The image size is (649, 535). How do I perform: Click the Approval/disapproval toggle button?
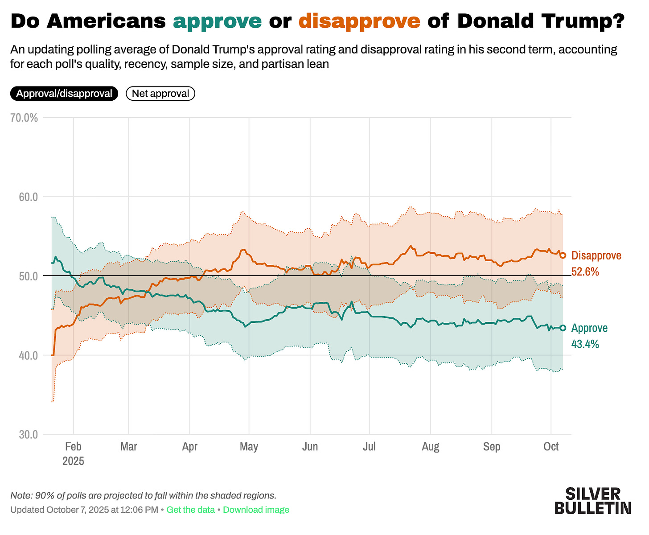click(64, 94)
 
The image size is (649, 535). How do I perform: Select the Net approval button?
click(160, 94)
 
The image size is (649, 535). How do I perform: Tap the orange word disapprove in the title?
click(359, 21)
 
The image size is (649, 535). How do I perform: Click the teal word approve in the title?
click(217, 21)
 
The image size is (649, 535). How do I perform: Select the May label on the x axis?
click(249, 447)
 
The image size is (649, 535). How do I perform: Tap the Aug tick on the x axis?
click(430, 447)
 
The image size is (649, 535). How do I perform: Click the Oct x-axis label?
click(551, 447)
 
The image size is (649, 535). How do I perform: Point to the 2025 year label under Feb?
click(73, 461)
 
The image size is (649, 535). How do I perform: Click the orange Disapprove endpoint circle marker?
click(563, 255)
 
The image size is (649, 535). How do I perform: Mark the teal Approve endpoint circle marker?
click(563, 328)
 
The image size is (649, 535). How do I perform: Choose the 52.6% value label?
click(585, 272)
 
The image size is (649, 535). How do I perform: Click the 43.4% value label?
click(585, 344)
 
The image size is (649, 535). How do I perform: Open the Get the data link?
click(190, 510)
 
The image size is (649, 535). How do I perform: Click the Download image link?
click(256, 510)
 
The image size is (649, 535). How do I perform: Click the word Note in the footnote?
click(18, 495)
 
